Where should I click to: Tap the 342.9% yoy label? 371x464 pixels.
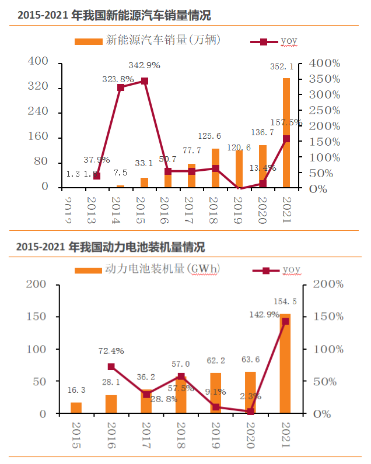click(x=145, y=65)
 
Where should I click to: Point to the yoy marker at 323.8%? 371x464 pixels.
click(x=121, y=87)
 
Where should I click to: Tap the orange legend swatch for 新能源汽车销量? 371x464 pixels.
click(x=87, y=41)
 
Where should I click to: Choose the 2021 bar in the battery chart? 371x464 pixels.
click(x=286, y=364)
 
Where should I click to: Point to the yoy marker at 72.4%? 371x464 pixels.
click(x=111, y=367)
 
